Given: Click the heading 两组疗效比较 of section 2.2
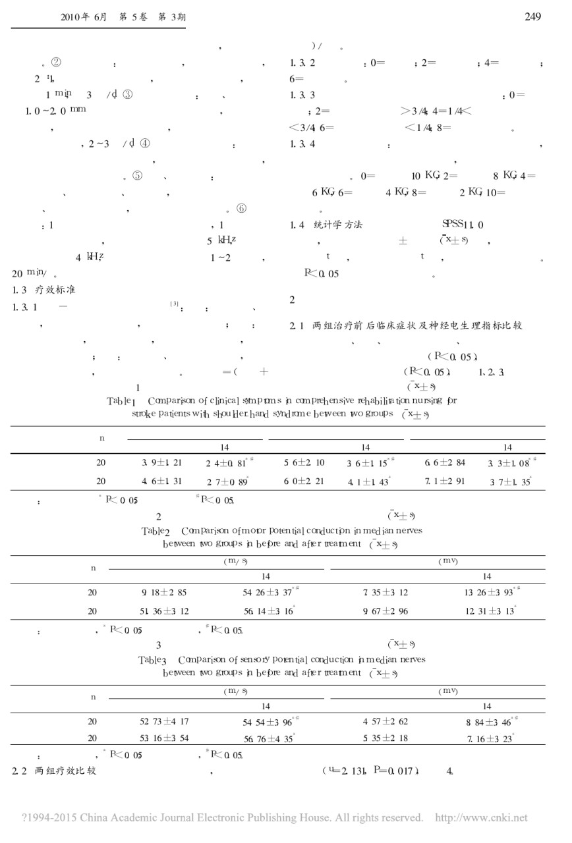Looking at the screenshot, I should point(65,770).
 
